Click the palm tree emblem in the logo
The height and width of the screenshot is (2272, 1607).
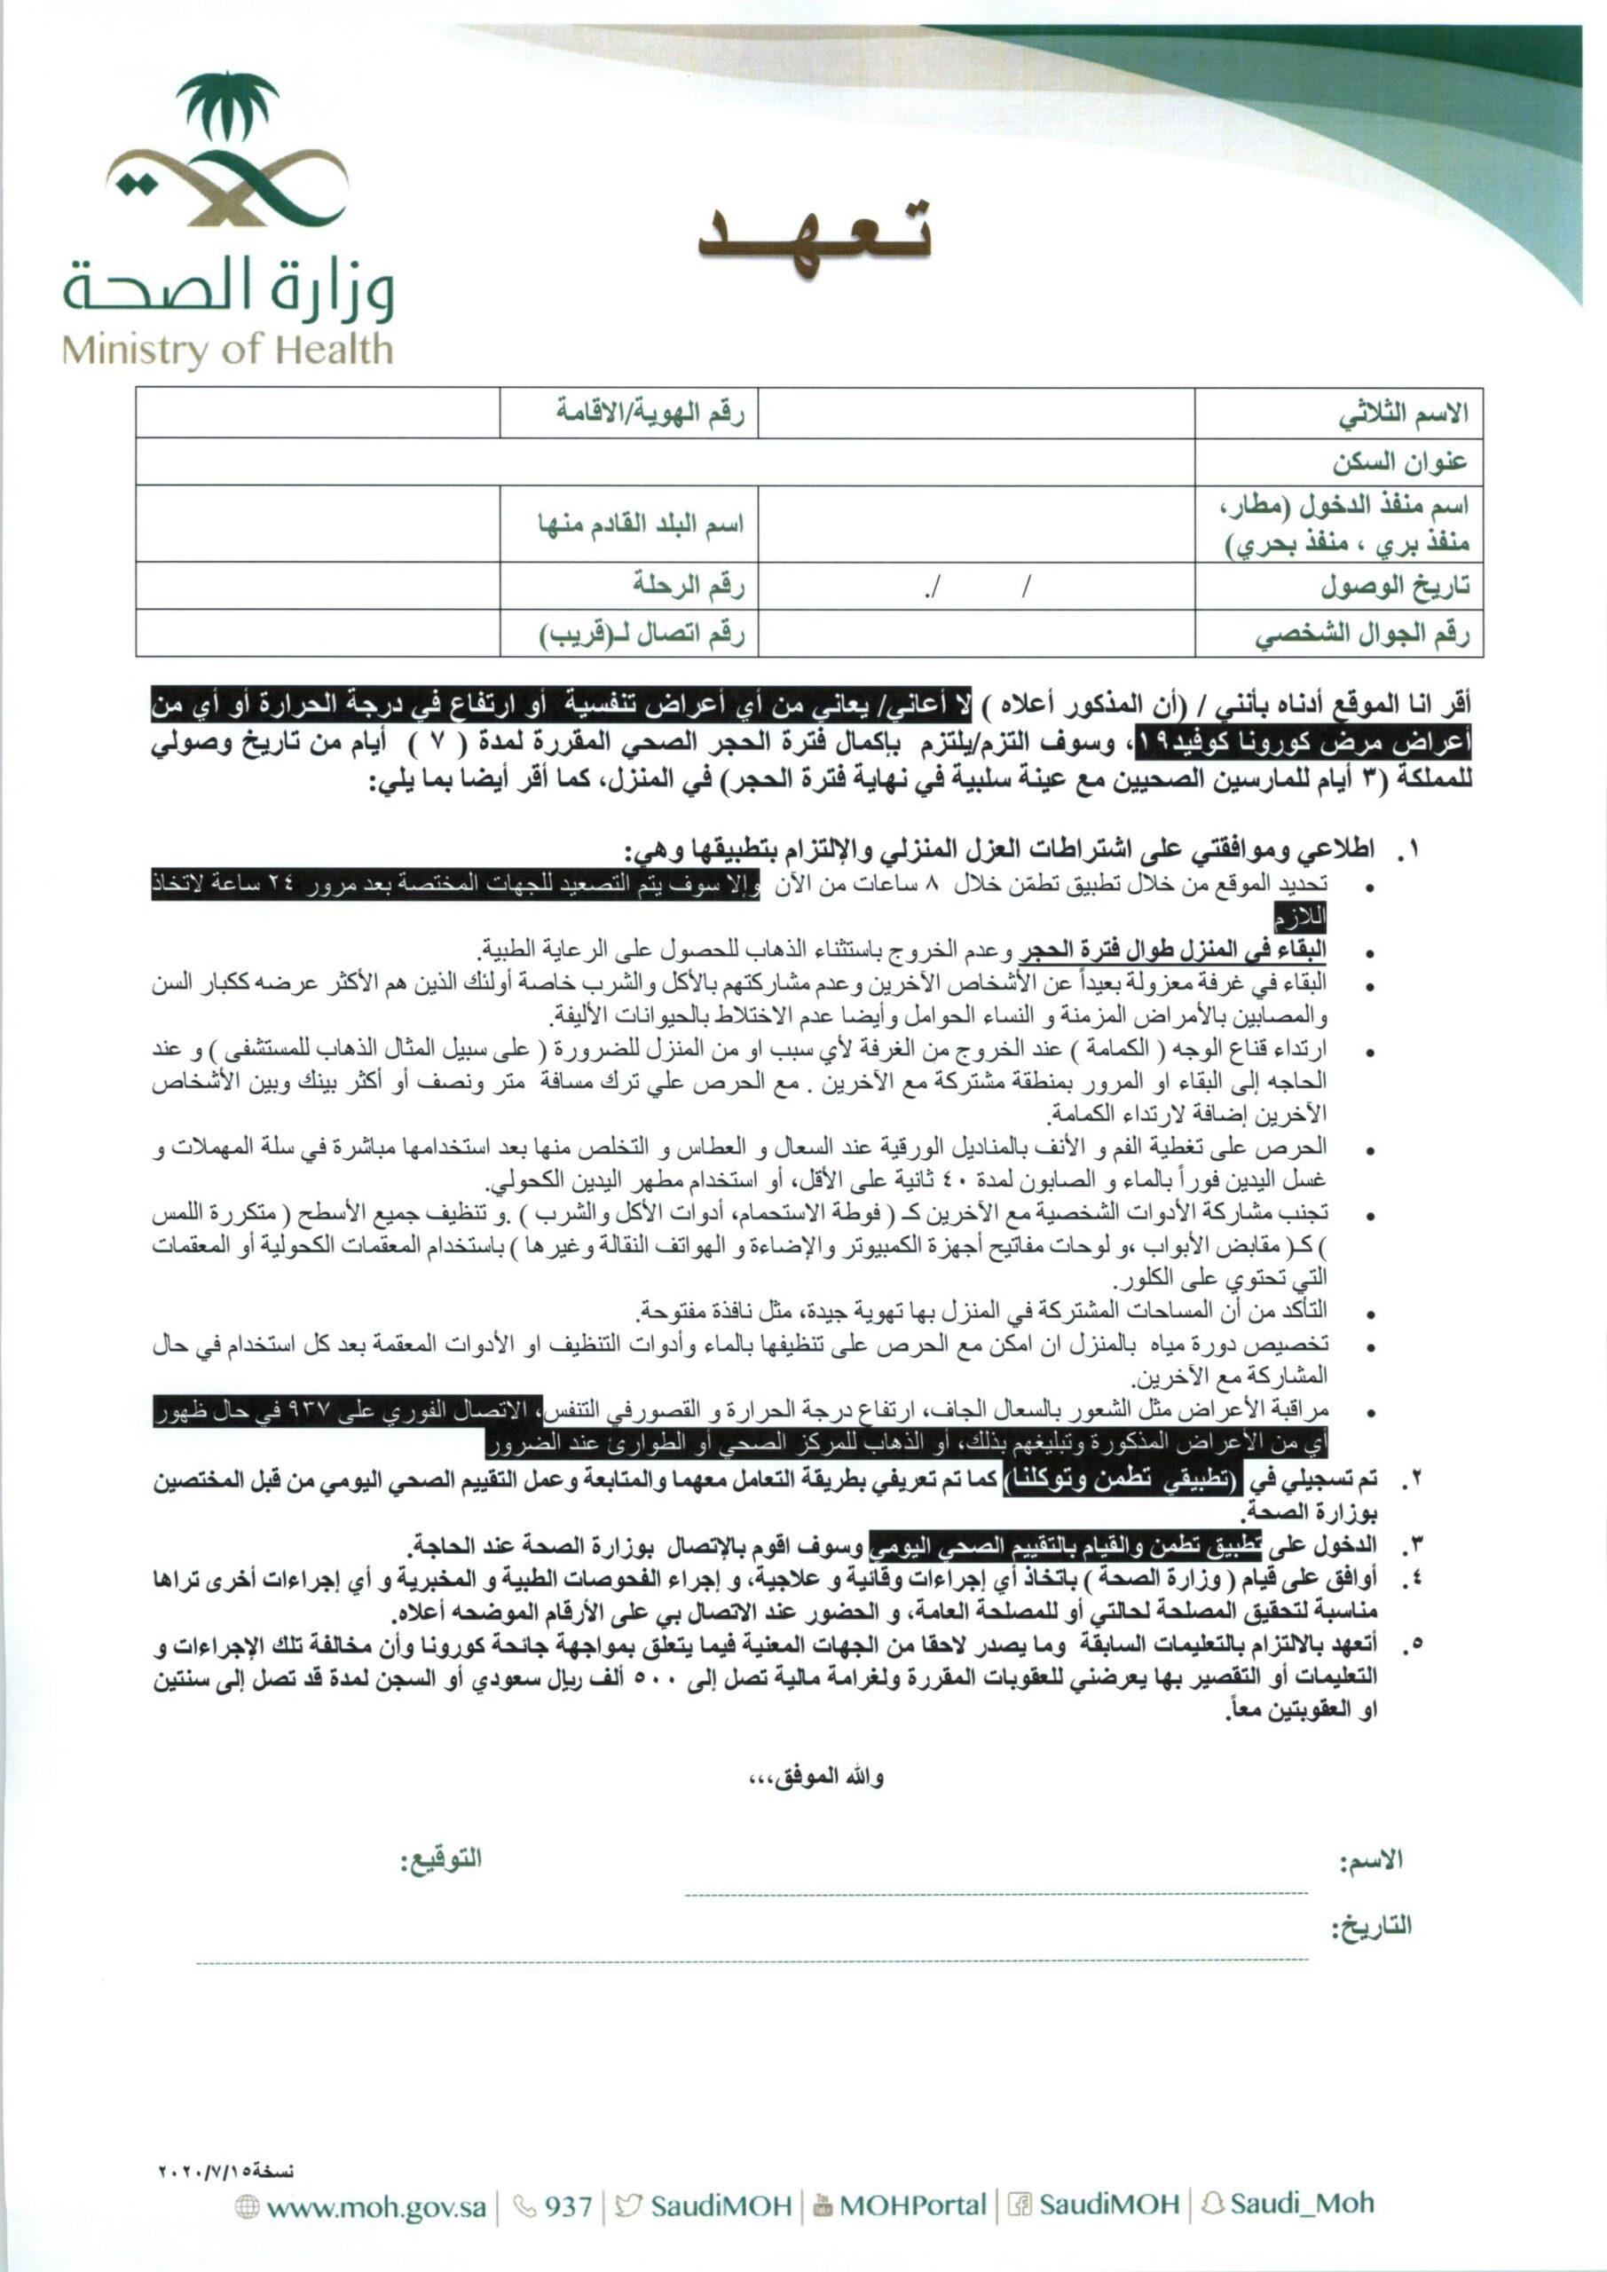[x=227, y=109]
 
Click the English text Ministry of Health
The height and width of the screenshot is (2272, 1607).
[x=227, y=351]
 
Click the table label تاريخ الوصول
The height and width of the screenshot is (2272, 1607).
[x=1394, y=586]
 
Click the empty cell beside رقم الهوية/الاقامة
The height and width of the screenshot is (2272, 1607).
[x=317, y=414]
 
